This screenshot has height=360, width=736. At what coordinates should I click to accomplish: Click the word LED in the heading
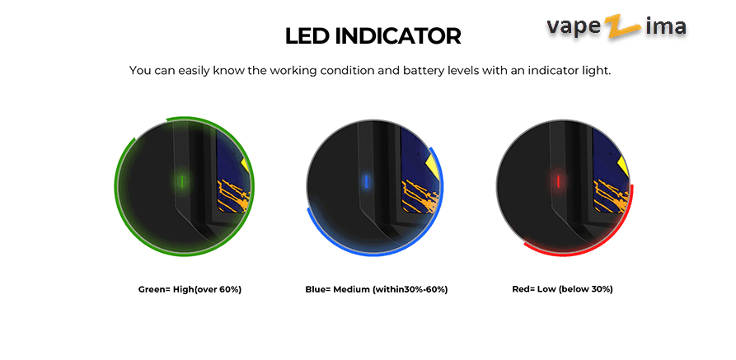pos(307,36)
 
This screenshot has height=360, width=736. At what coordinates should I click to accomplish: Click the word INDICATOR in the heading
pos(398,36)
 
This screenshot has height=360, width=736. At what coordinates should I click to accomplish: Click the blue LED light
pos(367,180)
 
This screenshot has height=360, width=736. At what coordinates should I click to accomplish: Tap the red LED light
pos(558,180)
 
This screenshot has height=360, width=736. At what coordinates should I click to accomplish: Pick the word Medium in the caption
pos(351,290)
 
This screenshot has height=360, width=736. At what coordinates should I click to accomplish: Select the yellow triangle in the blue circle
pos(434,163)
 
